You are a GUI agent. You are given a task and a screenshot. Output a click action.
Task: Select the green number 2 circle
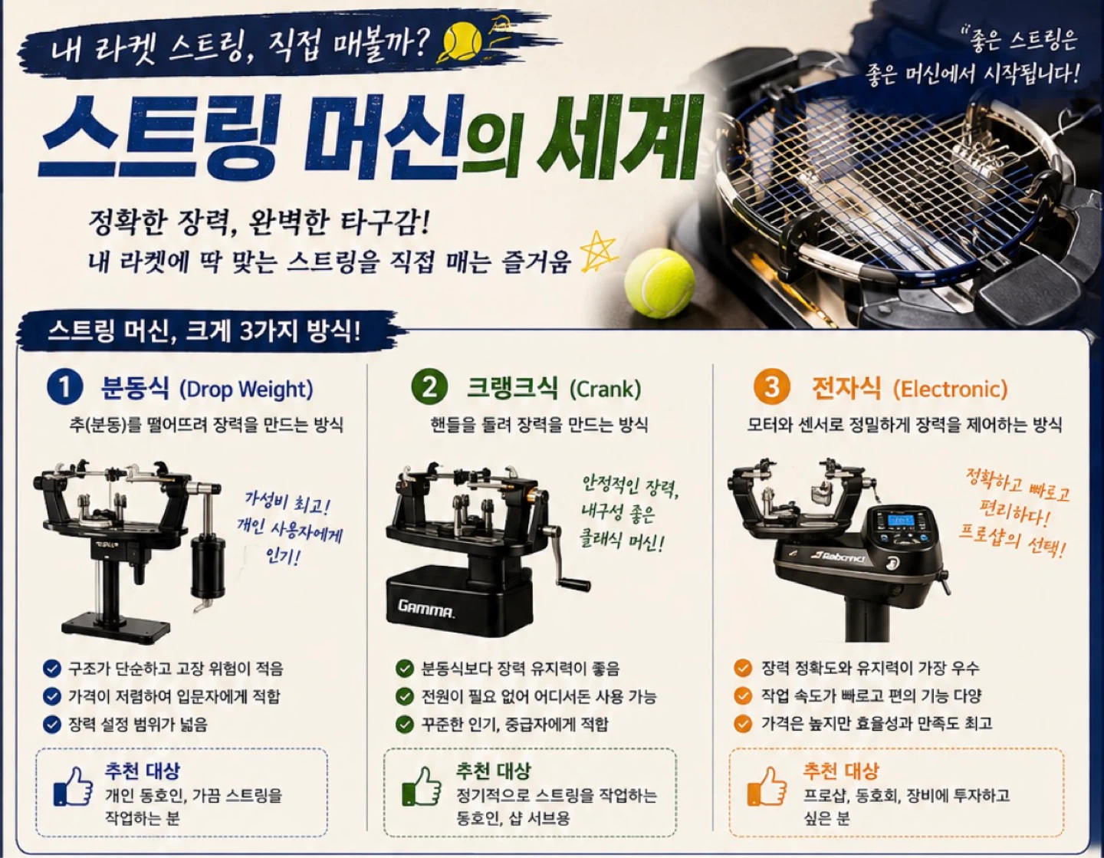click(429, 389)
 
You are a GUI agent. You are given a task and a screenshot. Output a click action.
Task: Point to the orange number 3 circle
click(772, 389)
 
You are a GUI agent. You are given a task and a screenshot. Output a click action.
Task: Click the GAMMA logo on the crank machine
click(426, 609)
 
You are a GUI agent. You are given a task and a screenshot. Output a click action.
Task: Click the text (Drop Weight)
click(246, 390)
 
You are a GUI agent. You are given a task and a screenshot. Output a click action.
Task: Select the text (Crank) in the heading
click(605, 390)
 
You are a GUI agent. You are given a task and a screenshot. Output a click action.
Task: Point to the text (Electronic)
click(950, 390)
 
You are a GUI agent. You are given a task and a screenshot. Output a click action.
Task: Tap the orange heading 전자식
click(846, 389)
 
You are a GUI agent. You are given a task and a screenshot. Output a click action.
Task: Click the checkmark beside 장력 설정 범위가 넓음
click(52, 724)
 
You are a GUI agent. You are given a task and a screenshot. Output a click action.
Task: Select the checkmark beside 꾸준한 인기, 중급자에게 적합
click(404, 724)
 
